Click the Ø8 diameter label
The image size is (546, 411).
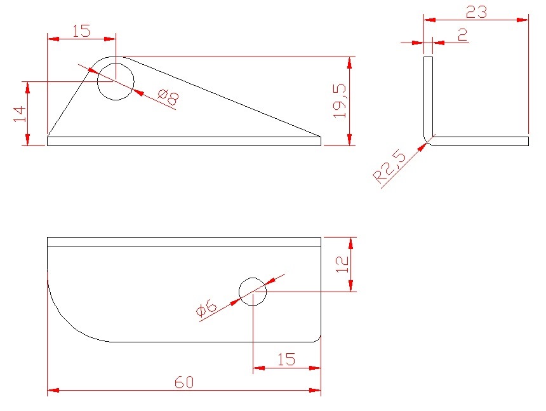[x=168, y=98]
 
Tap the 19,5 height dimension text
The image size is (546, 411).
[x=340, y=101]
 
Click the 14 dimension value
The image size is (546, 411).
[x=20, y=114]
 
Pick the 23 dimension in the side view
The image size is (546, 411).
[x=476, y=12]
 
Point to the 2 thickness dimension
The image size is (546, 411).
[x=463, y=35]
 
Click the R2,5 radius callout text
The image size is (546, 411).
[x=390, y=166]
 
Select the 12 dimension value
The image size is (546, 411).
[x=342, y=264]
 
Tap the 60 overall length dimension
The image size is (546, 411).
[x=184, y=382]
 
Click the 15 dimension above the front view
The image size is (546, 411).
[x=81, y=31]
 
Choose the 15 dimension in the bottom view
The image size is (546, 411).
[x=286, y=359]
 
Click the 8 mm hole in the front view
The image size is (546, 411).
[x=116, y=82]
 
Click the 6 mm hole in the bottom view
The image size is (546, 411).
[x=253, y=292]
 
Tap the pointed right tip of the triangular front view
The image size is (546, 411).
[x=321, y=137]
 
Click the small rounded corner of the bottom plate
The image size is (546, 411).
[x=318, y=340]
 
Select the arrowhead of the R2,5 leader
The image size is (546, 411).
[x=422, y=147]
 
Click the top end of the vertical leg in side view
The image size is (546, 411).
[x=428, y=57]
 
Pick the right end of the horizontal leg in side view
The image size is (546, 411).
[x=529, y=141]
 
